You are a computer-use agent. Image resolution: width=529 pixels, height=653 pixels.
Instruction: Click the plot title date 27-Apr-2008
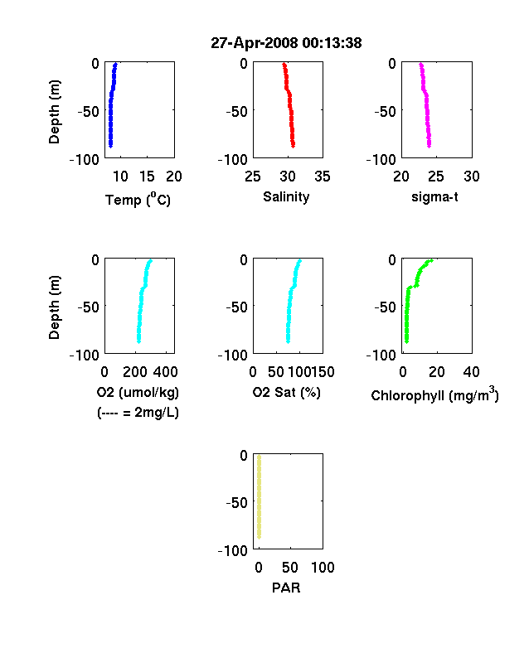[254, 43]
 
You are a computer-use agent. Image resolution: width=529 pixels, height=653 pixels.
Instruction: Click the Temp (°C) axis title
[138, 199]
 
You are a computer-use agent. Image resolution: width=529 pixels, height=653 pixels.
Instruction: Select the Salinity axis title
[286, 196]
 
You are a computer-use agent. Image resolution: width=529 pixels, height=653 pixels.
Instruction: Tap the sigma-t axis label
[434, 196]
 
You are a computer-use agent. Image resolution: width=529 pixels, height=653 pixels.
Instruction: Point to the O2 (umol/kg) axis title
[138, 392]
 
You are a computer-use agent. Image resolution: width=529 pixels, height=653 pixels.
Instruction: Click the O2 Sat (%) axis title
[286, 392]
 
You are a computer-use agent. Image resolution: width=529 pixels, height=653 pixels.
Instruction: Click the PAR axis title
[286, 588]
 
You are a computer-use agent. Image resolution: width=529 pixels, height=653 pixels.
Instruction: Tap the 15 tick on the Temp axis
[147, 177]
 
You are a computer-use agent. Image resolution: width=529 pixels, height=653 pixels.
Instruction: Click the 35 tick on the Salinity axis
[323, 177]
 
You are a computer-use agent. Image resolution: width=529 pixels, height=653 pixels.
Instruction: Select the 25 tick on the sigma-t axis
[435, 177]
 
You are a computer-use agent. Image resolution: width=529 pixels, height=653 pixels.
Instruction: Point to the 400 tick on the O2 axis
[165, 372]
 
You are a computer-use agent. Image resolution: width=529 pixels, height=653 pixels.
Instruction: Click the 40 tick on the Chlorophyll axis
[471, 372]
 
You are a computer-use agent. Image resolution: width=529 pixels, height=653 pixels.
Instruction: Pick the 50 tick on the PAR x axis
[290, 567]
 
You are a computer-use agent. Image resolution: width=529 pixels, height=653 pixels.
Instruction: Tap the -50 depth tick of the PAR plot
[236, 503]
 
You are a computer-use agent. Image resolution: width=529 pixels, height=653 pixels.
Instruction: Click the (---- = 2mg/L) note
[138, 413]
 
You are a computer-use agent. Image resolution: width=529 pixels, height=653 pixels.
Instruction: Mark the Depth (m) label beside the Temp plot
[54, 112]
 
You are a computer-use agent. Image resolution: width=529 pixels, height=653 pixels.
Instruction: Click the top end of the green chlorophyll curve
[431, 261]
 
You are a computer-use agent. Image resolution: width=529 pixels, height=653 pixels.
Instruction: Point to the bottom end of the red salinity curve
[294, 145]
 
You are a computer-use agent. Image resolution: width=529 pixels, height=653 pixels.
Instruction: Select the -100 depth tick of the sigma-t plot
[381, 159]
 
